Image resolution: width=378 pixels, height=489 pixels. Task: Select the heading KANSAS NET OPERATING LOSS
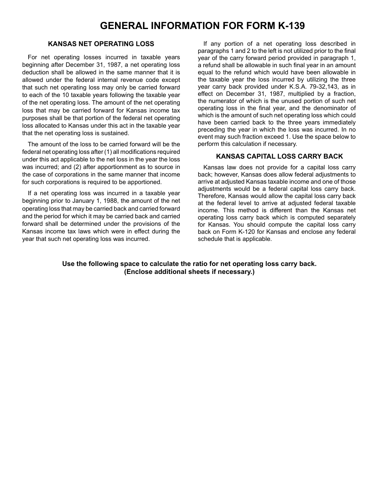tap(101, 44)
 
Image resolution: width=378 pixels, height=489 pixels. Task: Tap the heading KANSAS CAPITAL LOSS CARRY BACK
tap(279, 156)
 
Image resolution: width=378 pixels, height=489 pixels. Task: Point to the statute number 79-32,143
tap(312, 87)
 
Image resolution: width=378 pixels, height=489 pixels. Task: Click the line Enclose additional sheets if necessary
tap(189, 272)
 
